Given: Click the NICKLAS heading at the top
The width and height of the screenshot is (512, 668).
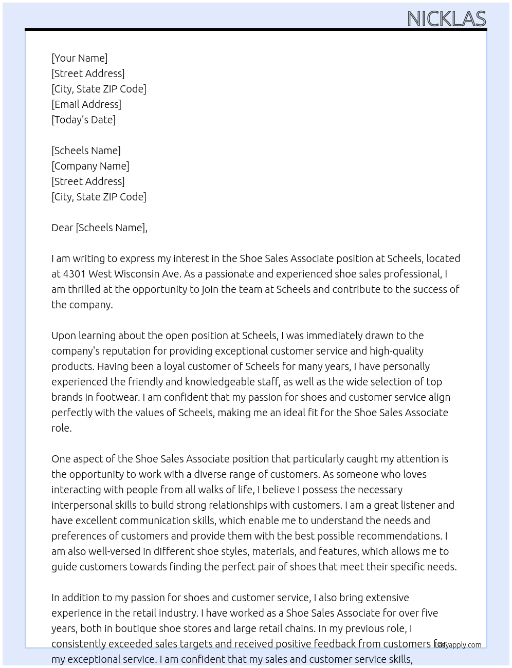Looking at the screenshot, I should coord(446,19).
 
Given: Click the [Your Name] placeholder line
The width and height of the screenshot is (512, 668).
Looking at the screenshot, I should coord(80,58).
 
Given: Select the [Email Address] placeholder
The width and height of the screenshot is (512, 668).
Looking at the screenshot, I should coord(86,104).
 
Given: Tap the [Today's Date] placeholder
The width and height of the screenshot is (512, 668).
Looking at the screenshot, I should coord(83,120).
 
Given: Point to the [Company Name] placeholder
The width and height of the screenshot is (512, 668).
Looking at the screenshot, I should coord(90,166).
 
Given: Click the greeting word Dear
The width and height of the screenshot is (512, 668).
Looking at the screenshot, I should coord(62,228).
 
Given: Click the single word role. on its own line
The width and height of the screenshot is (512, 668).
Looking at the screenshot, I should coord(62,428).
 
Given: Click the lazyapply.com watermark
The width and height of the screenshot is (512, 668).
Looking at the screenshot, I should coord(459,645).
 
